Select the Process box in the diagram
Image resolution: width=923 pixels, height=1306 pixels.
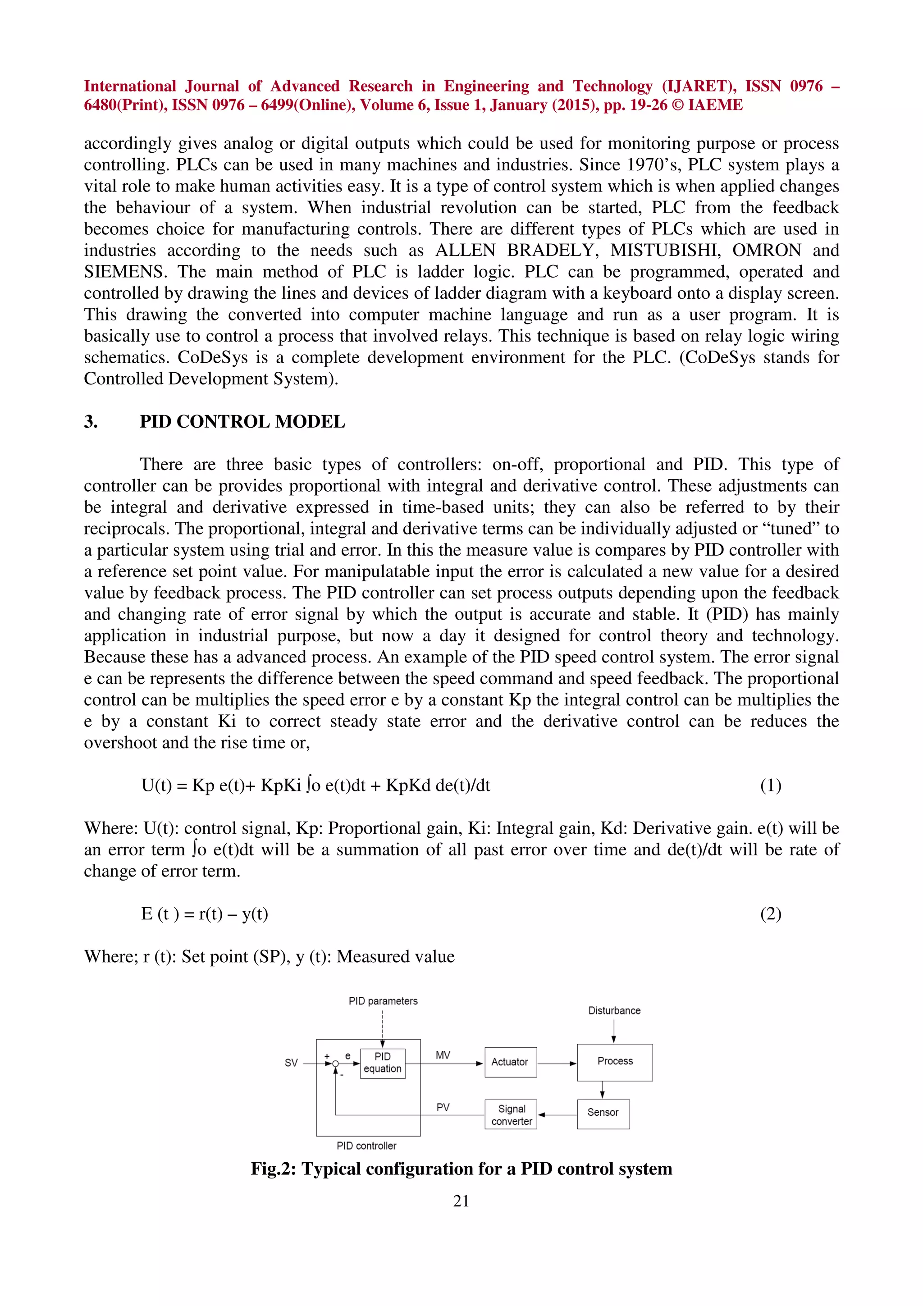pyautogui.click(x=614, y=1061)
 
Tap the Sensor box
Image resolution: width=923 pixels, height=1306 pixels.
pyautogui.click(x=603, y=1113)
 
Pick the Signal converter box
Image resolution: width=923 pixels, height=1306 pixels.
pyautogui.click(x=511, y=1115)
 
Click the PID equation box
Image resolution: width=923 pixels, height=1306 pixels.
pyautogui.click(x=383, y=1063)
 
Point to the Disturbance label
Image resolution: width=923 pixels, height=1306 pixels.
pyautogui.click(x=614, y=1010)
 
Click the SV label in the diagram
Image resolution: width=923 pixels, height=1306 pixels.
pyautogui.click(x=291, y=1063)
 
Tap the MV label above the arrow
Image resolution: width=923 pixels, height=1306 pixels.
pyautogui.click(x=443, y=1055)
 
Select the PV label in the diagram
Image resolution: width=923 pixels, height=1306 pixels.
pyautogui.click(x=443, y=1107)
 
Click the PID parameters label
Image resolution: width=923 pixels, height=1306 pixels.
pyautogui.click(x=383, y=1000)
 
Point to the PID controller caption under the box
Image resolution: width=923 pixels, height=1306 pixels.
pyautogui.click(x=366, y=1146)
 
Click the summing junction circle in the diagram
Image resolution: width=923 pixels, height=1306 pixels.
pyautogui.click(x=335, y=1064)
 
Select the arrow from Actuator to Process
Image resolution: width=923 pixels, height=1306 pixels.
pyautogui.click(x=556, y=1063)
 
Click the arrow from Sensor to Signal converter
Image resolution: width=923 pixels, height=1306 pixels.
pyautogui.click(x=557, y=1115)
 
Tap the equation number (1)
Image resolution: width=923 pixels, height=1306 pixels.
pyautogui.click(x=771, y=785)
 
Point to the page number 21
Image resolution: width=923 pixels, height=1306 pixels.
pyautogui.click(x=461, y=1200)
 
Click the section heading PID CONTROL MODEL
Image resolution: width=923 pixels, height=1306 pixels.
pyautogui.click(x=242, y=421)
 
